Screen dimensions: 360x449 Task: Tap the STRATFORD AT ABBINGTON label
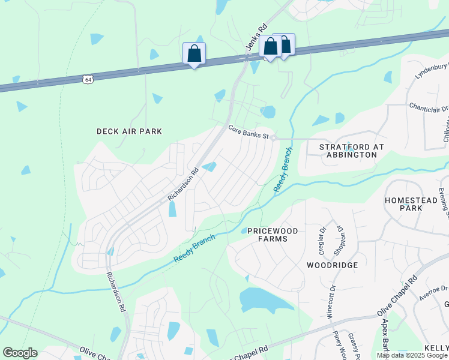348,150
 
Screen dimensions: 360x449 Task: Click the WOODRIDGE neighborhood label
332,265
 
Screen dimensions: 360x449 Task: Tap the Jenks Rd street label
256,38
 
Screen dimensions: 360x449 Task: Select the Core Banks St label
248,131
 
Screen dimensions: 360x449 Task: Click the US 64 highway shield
88,79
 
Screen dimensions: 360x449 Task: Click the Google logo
20,353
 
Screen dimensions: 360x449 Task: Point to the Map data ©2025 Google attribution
412,355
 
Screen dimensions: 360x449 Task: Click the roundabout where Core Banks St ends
273,138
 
